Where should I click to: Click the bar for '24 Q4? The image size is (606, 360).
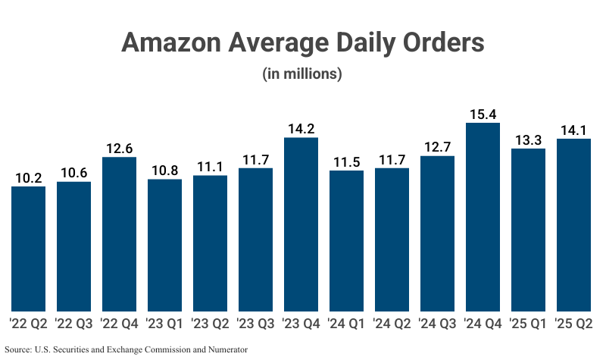pyautogui.click(x=483, y=217)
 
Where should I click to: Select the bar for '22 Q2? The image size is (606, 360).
pyautogui.click(x=28, y=249)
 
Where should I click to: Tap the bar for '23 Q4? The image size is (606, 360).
pyautogui.click(x=301, y=224)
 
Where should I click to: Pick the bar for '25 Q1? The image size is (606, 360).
pyautogui.click(x=528, y=230)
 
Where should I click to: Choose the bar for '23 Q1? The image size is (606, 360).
pyautogui.click(x=164, y=245)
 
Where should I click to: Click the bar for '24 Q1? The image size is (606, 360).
pyautogui.click(x=346, y=240)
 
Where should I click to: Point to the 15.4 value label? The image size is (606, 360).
pyautogui.click(x=483, y=114)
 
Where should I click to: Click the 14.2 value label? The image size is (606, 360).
pyautogui.click(x=301, y=129)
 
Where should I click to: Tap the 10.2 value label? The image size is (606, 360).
pyautogui.click(x=28, y=177)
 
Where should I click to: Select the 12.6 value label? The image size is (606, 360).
pyautogui.click(x=119, y=149)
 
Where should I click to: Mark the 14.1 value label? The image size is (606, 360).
pyautogui.click(x=573, y=130)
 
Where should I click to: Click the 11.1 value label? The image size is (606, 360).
pyautogui.click(x=210, y=167)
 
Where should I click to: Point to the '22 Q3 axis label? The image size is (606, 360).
pyautogui.click(x=73, y=324)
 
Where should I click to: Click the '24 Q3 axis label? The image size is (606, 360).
pyautogui.click(x=437, y=324)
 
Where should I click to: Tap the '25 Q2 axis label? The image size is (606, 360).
pyautogui.click(x=573, y=324)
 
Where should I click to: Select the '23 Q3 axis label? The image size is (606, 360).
pyautogui.click(x=255, y=324)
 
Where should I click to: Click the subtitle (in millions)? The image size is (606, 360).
pyautogui.click(x=302, y=74)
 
